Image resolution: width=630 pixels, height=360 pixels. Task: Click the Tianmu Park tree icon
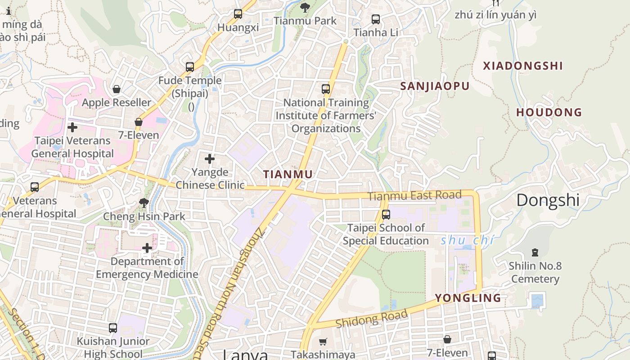tap(305, 7)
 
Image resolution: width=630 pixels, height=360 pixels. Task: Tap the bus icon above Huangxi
tap(238, 14)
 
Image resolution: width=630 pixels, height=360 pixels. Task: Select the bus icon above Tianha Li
tap(375, 19)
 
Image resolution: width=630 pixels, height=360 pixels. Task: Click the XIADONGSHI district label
tap(523, 66)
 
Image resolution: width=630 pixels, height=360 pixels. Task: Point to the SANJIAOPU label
tap(435, 86)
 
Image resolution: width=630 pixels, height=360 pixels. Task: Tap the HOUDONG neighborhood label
tap(549, 112)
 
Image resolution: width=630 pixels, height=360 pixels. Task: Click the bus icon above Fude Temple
tap(190, 67)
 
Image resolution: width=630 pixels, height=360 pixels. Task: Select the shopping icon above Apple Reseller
tap(117, 89)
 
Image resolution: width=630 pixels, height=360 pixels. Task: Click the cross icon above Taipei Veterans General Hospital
tap(72, 127)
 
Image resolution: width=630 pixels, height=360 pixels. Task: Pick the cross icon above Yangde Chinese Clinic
tap(210, 159)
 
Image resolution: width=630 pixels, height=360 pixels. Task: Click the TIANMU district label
tap(288, 174)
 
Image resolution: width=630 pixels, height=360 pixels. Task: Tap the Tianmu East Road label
tap(414, 196)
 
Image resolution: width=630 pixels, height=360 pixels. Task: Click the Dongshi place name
tap(548, 200)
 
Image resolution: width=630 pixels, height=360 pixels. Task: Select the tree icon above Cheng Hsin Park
tap(144, 203)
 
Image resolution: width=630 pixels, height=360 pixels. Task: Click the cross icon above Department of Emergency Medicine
tap(147, 248)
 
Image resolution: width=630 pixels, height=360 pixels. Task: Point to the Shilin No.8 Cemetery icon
tap(535, 252)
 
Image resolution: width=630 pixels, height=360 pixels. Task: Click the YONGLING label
tap(468, 298)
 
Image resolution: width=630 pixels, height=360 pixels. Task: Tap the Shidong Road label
tap(371, 319)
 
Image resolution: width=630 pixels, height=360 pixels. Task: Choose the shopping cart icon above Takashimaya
tap(323, 342)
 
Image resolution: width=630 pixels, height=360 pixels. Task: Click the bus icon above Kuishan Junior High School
tap(113, 328)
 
